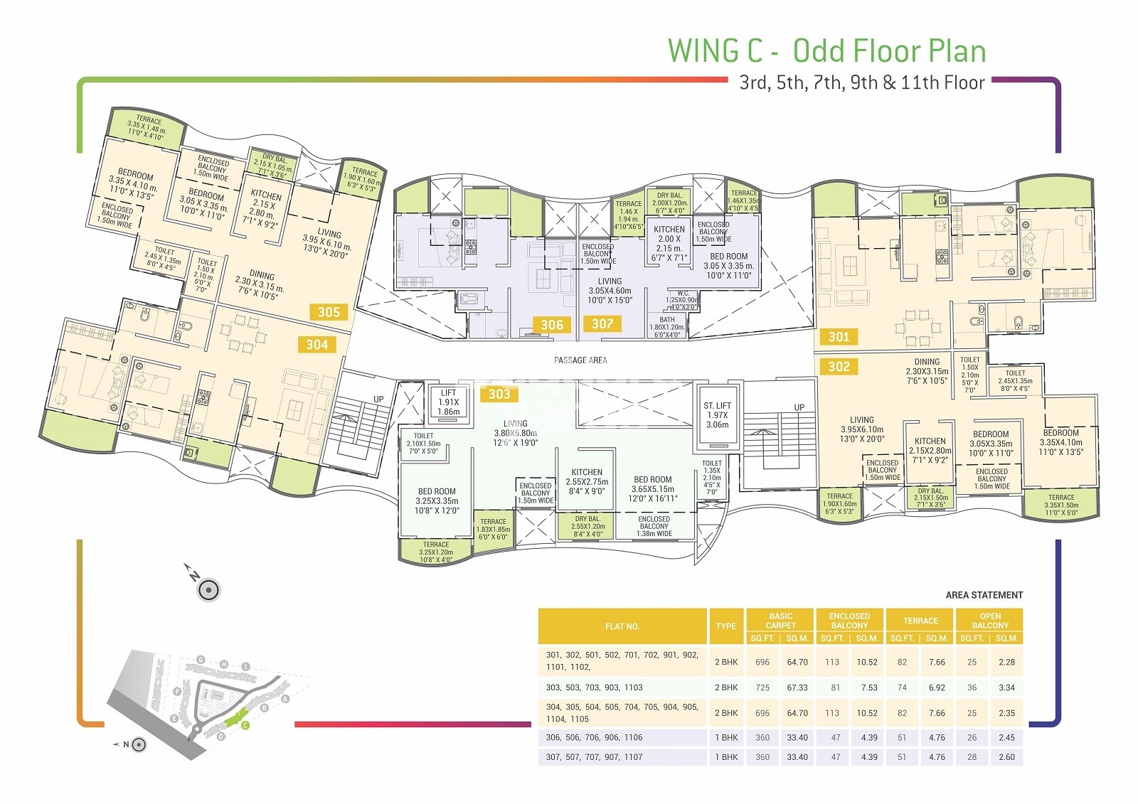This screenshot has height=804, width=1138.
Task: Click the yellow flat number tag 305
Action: [329, 312]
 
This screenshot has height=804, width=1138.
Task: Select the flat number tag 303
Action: [499, 394]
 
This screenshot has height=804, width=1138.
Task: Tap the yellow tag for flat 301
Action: [839, 337]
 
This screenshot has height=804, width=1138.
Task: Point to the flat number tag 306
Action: [552, 325]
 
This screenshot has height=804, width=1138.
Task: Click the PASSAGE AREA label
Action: [580, 360]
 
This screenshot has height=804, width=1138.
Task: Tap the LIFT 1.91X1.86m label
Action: [448, 402]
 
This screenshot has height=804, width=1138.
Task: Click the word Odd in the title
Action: [819, 51]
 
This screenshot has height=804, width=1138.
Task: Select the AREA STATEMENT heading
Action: [984, 595]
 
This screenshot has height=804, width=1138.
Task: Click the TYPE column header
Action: [725, 626]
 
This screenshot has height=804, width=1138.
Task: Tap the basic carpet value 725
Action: [762, 687]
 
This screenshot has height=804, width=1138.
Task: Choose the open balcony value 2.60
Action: [1006, 757]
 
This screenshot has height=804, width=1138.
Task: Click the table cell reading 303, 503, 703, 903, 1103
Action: [594, 687]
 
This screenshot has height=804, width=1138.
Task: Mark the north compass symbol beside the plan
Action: [207, 589]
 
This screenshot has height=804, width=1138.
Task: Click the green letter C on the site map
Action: [245, 726]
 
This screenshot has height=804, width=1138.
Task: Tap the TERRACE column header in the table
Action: [920, 621]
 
